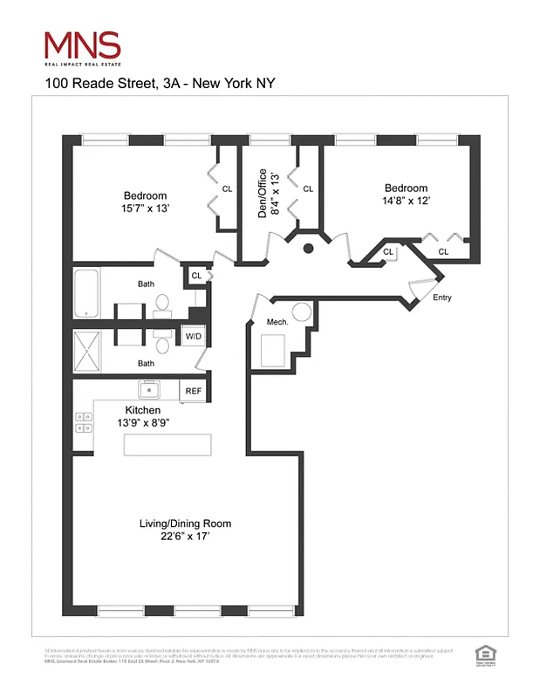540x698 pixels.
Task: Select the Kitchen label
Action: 143,410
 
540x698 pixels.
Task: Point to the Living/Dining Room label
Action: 186,523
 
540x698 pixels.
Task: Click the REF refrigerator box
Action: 193,391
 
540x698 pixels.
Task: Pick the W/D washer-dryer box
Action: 192,336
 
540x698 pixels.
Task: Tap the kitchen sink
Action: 148,389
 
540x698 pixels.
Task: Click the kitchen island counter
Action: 168,444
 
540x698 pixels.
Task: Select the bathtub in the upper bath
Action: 87,294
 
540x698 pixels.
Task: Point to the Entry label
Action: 442,298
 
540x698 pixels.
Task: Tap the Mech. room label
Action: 277,323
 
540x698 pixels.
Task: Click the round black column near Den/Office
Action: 308,250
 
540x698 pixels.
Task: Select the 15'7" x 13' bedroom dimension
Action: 145,209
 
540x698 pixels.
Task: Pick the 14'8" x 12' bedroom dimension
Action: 407,200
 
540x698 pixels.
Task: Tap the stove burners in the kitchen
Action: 84,422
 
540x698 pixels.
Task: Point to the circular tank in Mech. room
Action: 302,312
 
